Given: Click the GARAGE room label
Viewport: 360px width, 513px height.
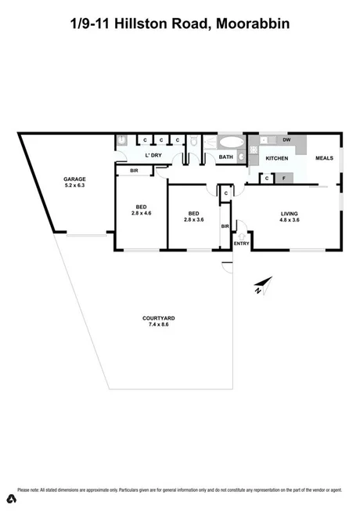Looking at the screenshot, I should [75, 179].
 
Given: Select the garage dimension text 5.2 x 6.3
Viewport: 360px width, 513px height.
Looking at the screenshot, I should [75, 186].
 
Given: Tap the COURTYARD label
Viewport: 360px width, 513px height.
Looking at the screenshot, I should [158, 317].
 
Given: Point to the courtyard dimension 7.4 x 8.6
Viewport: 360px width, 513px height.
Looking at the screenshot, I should [158, 324].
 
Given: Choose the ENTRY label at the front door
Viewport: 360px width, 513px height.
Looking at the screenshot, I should [241, 244].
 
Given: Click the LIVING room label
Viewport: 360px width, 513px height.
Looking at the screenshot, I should [290, 213].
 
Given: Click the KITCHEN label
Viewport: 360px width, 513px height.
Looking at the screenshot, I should [277, 158].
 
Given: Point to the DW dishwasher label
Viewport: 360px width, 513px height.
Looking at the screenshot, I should [287, 140].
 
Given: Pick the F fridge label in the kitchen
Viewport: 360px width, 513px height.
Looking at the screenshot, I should [284, 179].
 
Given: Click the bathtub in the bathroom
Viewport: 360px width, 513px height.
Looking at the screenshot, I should [230, 143].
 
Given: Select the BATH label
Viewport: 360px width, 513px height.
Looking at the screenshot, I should [226, 157].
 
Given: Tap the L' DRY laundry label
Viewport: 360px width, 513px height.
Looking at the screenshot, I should [153, 155].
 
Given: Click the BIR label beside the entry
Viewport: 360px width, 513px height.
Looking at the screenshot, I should [225, 226].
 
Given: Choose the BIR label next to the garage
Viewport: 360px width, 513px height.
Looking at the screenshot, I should [124, 170].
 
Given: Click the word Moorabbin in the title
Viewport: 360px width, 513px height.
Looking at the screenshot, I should [250, 24].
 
